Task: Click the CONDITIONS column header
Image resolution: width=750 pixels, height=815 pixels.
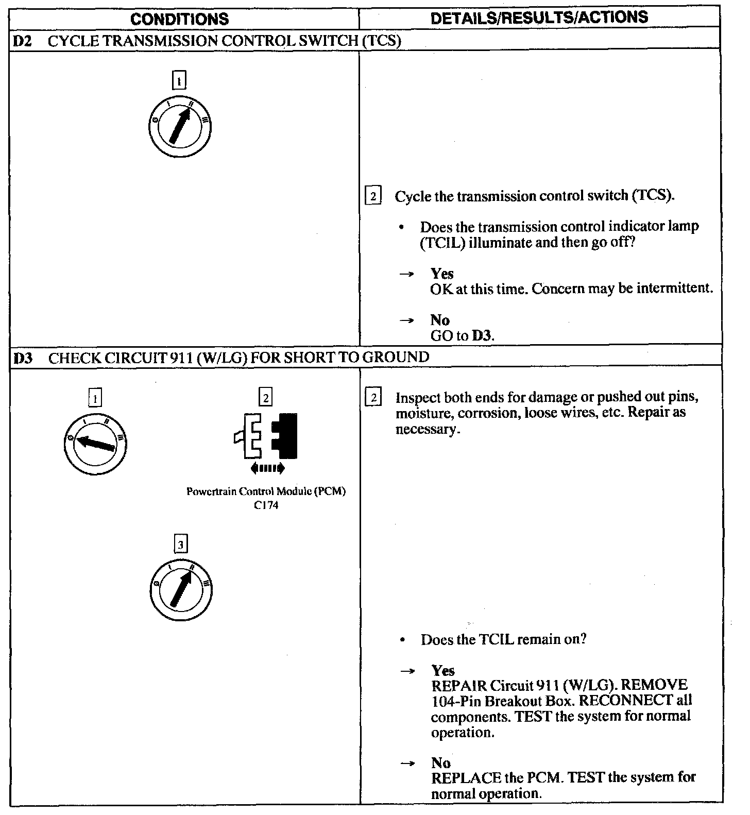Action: [x=179, y=19]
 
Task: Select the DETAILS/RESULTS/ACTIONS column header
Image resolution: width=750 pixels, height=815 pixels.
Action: [x=539, y=18]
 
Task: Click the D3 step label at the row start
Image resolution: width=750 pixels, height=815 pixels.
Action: [x=23, y=357]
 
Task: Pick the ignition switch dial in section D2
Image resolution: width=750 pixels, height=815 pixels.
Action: [x=180, y=126]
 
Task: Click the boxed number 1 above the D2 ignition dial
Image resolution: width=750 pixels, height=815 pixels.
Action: [x=179, y=81]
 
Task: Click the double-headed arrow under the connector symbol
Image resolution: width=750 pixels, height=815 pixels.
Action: [x=267, y=468]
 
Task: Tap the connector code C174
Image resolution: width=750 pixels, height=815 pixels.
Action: [x=266, y=505]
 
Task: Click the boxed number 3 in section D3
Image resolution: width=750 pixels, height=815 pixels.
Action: [x=180, y=544]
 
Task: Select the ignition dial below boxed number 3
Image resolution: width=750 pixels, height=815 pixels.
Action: [x=180, y=589]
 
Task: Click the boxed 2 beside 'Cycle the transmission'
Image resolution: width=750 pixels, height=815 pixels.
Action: [x=373, y=196]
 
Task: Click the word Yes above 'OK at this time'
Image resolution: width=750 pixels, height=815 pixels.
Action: [x=441, y=274]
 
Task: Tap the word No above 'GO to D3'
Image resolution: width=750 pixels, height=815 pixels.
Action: [x=440, y=320]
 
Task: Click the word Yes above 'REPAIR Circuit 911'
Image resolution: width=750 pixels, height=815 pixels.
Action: [x=443, y=670]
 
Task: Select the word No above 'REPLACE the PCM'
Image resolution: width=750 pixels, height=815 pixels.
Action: [x=441, y=762]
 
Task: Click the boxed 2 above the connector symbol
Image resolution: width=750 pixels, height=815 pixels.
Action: [x=265, y=398]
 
